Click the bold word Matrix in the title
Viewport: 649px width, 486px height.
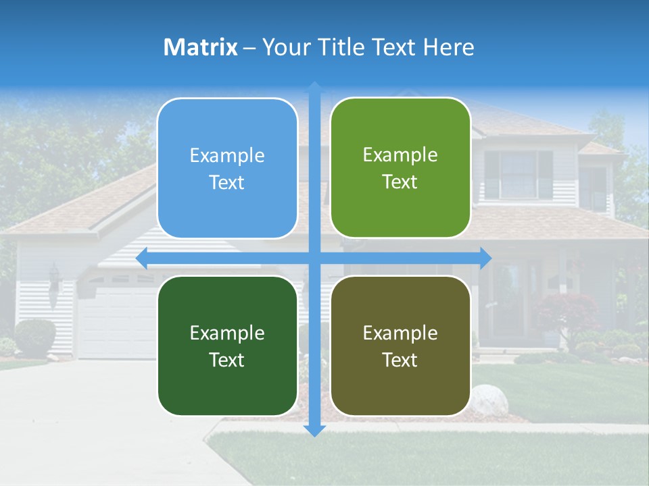[x=200, y=47]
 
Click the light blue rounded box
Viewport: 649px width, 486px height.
[x=227, y=168]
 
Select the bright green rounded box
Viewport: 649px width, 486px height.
[x=400, y=167]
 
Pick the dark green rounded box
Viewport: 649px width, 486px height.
[x=227, y=346]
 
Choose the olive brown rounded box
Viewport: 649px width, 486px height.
[x=400, y=346]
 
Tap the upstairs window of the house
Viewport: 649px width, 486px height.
[x=518, y=174]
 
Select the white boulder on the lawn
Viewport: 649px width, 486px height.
[x=488, y=400]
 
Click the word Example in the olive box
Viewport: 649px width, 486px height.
[x=400, y=333]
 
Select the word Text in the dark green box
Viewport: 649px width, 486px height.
[x=227, y=360]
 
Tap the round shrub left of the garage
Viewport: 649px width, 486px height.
[x=34, y=336]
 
